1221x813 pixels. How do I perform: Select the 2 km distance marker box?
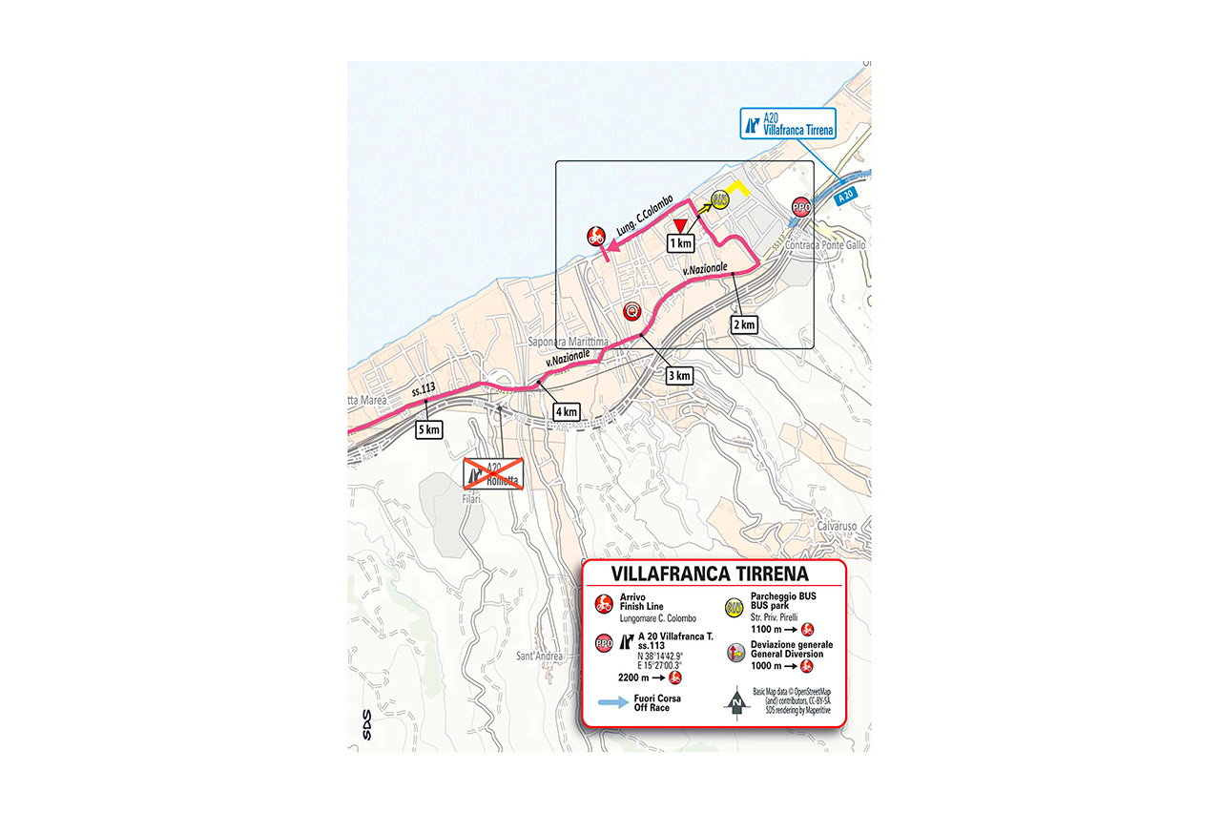pos(743,324)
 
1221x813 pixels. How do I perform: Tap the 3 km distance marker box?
pos(677,375)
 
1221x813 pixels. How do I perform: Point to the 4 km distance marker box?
pos(567,411)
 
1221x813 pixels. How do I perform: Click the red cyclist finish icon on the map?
pos(595,235)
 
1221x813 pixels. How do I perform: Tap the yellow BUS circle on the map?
pos(719,199)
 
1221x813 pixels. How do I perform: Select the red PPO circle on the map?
pos(801,207)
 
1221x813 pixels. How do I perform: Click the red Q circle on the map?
pos(631,311)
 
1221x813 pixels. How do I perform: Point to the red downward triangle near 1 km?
pos(679,224)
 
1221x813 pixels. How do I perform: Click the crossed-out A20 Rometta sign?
pos(493,471)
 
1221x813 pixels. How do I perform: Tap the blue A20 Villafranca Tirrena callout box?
pos(788,123)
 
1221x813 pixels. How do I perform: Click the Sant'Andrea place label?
pos(538,656)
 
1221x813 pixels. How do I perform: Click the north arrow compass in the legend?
pos(735,704)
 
